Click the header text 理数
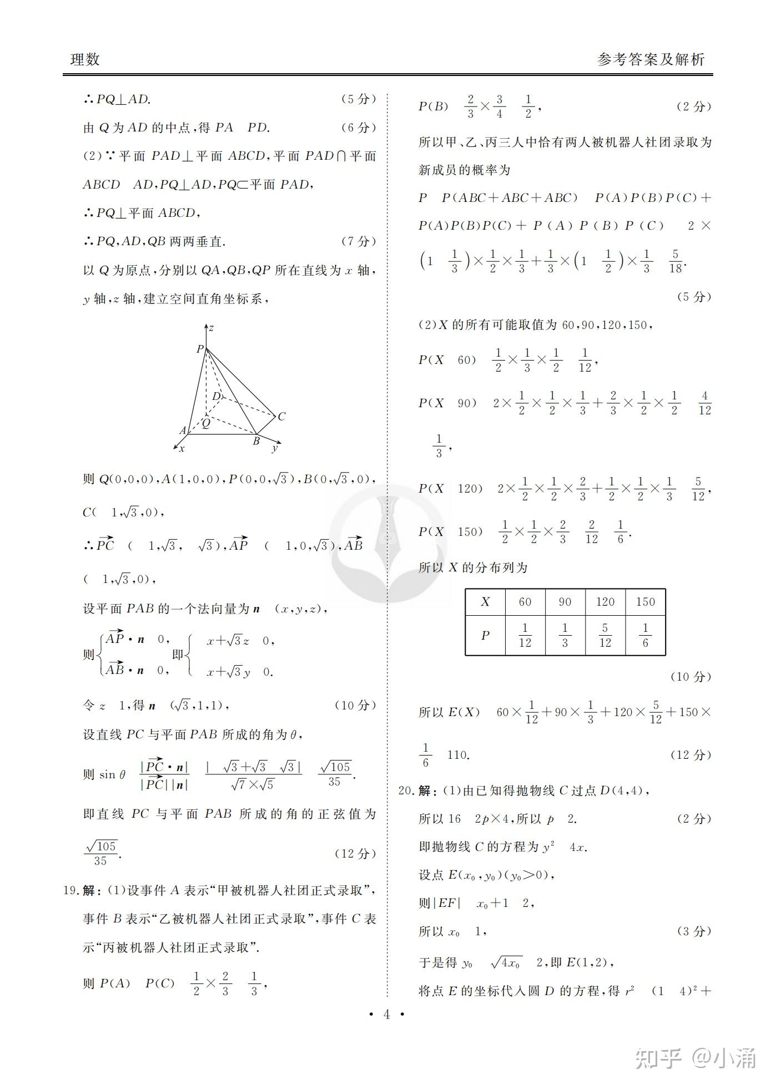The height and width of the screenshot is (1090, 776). coord(85,59)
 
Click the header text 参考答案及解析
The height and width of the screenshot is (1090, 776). coord(651,59)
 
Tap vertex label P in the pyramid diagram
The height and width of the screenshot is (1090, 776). coord(200,349)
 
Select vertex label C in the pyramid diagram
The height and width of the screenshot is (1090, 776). coord(281,416)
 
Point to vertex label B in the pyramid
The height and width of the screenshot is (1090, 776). coord(256,442)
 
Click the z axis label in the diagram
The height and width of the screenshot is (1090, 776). coord(211,328)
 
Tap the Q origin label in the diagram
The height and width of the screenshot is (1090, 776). coord(205,423)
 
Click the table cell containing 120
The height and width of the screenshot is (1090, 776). coord(605,602)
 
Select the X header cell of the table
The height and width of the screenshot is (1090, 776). coord(485,602)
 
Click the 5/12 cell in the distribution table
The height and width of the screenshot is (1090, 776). coord(605,635)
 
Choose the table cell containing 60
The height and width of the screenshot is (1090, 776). coord(525,602)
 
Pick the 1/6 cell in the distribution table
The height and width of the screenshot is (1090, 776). coord(645,635)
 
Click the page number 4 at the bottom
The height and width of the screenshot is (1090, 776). coord(387,1014)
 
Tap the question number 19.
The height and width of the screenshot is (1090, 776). coord(70,890)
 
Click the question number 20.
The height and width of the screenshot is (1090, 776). coord(406,790)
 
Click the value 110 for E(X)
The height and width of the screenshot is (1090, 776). coord(458,755)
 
